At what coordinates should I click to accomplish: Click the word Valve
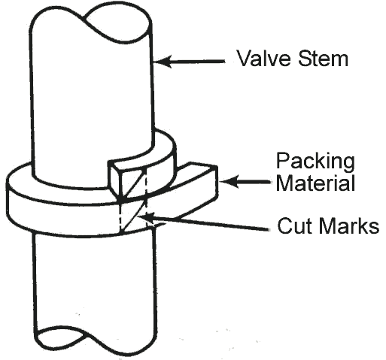[x=265, y=58]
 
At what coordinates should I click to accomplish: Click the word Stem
[x=323, y=58]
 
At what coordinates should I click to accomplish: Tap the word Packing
[x=315, y=162]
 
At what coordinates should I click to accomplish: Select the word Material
[x=316, y=183]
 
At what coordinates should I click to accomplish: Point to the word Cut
[x=293, y=225]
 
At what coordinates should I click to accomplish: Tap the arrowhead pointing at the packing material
[x=228, y=181]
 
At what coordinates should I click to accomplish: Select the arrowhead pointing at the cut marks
[x=146, y=218]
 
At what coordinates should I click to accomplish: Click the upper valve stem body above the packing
[x=92, y=100]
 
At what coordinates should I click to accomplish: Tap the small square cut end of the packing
[x=115, y=179]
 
